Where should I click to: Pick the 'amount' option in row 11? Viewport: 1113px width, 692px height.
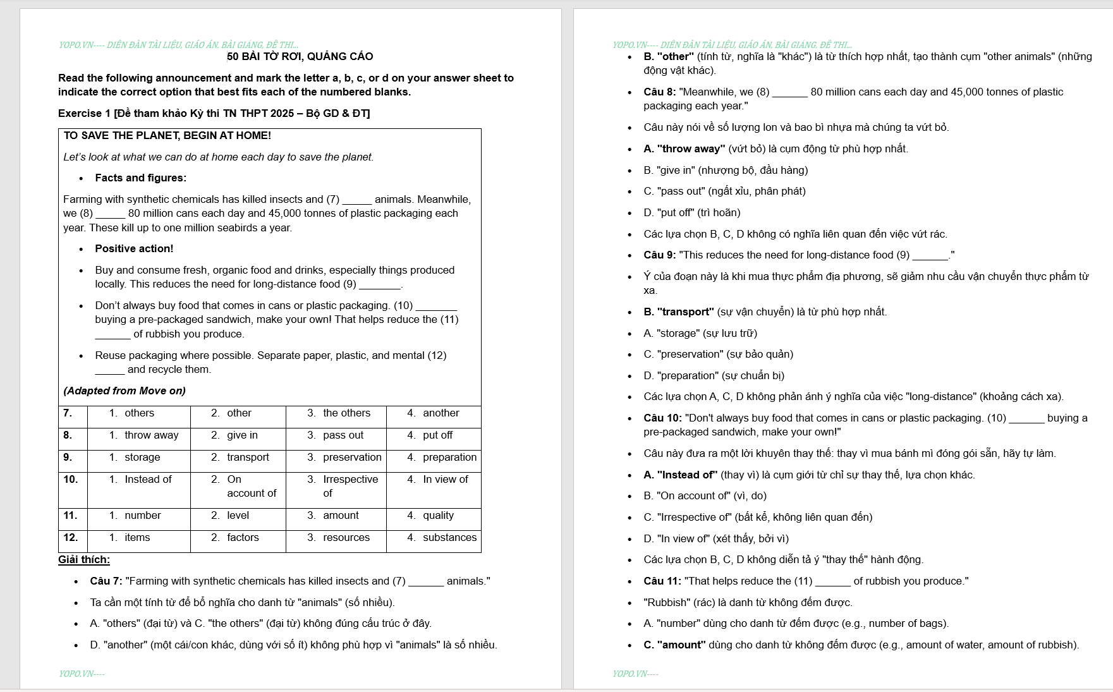click(x=341, y=515)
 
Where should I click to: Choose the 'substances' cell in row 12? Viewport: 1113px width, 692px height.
click(x=449, y=537)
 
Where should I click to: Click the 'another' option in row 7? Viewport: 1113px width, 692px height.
click(x=441, y=413)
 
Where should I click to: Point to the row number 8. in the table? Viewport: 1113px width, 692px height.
click(x=68, y=435)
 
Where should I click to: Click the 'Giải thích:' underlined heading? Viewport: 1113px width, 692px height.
click(x=84, y=559)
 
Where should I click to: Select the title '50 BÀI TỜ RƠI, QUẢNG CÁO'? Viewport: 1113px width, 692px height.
click(x=300, y=56)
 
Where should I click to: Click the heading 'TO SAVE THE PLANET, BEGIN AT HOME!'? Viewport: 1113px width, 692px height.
click(x=167, y=135)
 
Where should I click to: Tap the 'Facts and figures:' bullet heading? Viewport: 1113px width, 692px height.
click(x=140, y=178)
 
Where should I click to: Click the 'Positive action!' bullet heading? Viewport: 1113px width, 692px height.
click(x=134, y=248)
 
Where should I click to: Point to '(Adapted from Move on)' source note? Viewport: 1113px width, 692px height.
click(x=125, y=391)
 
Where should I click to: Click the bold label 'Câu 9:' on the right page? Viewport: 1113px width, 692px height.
click(x=659, y=255)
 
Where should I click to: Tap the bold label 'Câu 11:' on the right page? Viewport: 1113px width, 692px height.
click(x=662, y=581)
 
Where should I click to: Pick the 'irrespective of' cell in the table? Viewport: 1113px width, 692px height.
click(x=350, y=486)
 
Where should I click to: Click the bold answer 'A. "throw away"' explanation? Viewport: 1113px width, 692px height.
click(x=684, y=149)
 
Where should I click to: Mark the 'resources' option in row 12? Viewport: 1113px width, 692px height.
click(x=346, y=537)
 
